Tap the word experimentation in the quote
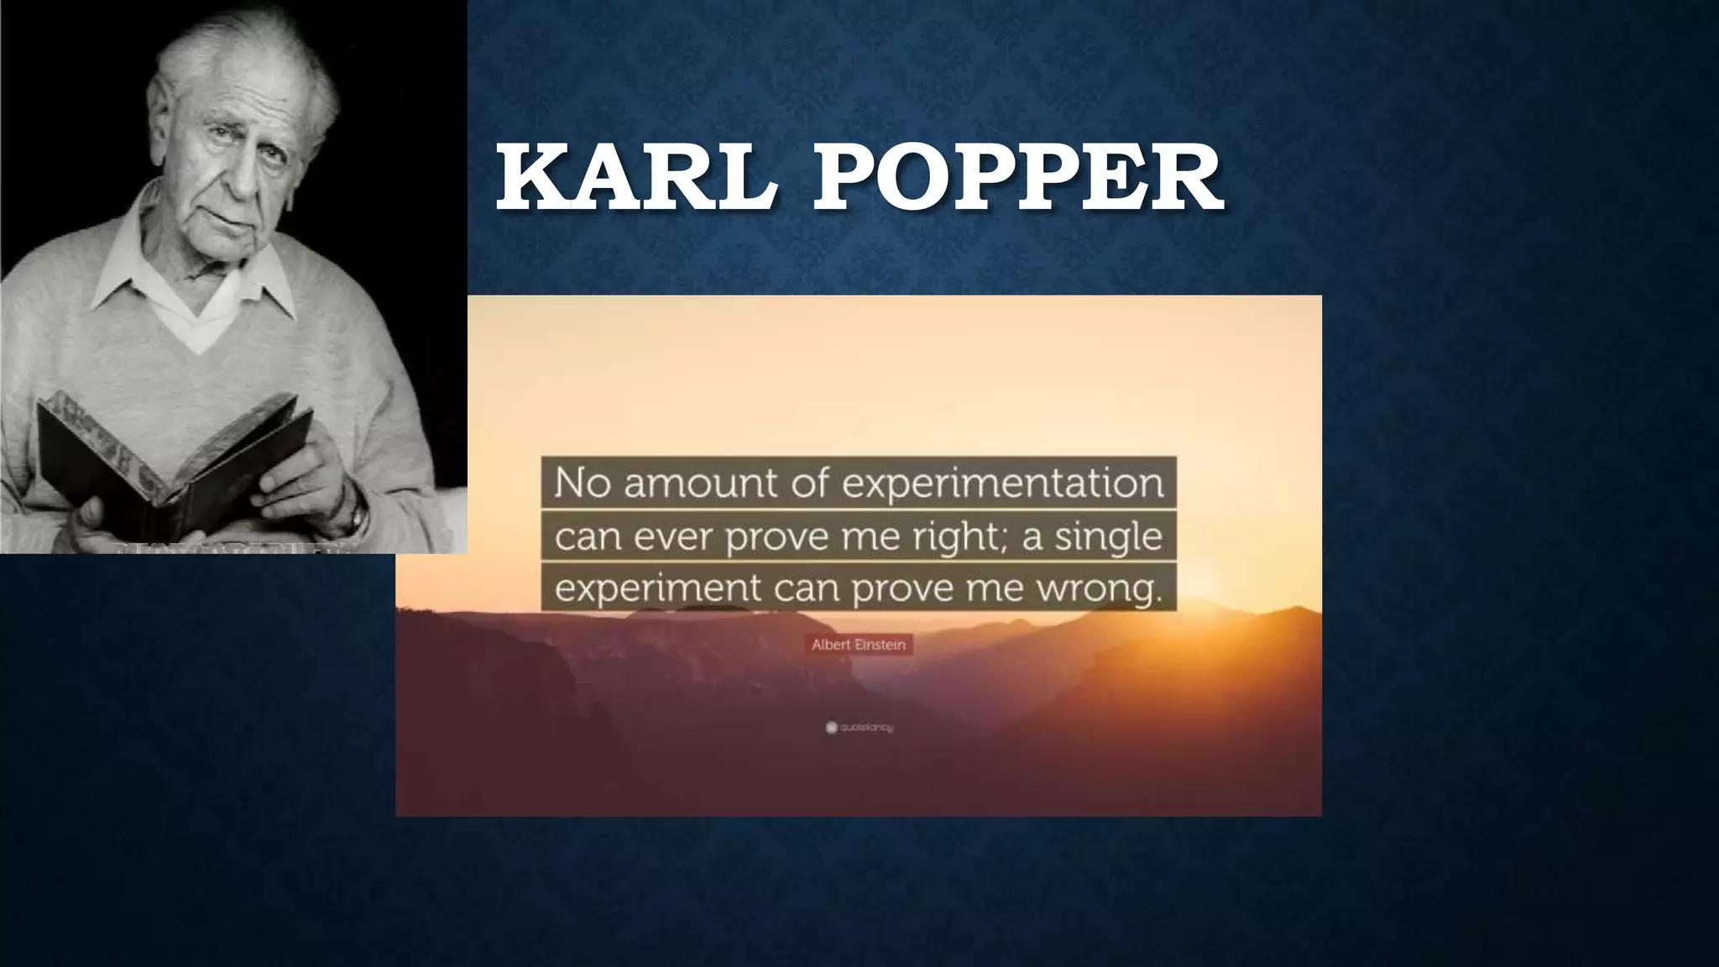tap(1003, 483)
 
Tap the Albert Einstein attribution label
tap(858, 645)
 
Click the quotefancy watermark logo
tap(859, 728)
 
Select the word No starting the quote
tap(580, 483)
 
